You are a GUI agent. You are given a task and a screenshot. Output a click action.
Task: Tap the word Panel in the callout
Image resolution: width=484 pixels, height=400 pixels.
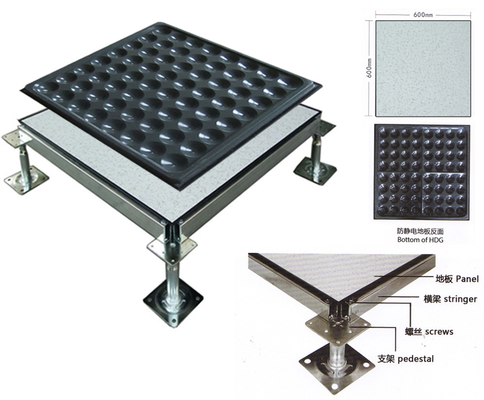(x=467, y=279)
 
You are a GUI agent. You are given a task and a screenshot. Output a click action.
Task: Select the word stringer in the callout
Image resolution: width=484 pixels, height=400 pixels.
(x=460, y=299)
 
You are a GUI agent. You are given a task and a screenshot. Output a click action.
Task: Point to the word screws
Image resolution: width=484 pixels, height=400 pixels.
(x=439, y=332)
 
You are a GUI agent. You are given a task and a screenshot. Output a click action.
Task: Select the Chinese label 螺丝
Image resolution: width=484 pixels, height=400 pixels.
(x=413, y=332)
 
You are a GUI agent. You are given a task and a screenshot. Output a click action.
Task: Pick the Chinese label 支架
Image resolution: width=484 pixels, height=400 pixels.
(x=386, y=359)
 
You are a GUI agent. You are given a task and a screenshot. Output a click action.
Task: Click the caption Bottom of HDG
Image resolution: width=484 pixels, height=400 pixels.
(x=420, y=240)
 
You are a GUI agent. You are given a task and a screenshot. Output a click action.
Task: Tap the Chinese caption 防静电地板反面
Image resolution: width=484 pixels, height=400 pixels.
(x=421, y=231)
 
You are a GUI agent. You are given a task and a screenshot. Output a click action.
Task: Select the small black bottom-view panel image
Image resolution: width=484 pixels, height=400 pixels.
(x=422, y=172)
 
